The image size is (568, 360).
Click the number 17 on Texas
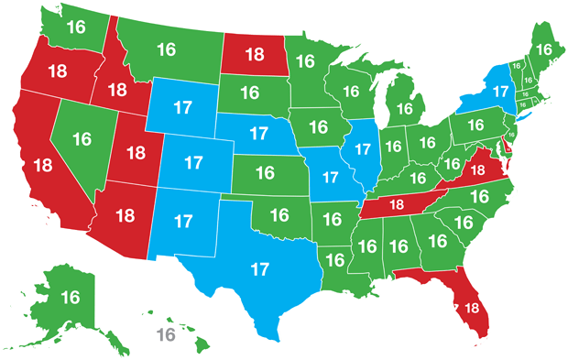tap(259, 270)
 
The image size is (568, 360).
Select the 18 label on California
tap(42, 166)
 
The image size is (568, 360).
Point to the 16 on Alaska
tap(70, 297)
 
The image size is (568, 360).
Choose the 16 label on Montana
tap(167, 49)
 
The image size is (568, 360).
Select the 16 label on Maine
tap(543, 49)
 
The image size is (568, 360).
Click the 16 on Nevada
tap(82, 139)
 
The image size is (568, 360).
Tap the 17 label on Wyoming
tap(182, 106)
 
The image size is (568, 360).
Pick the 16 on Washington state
tap(75, 27)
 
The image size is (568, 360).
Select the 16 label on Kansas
tap(265, 172)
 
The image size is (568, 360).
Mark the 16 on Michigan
tap(399, 109)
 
